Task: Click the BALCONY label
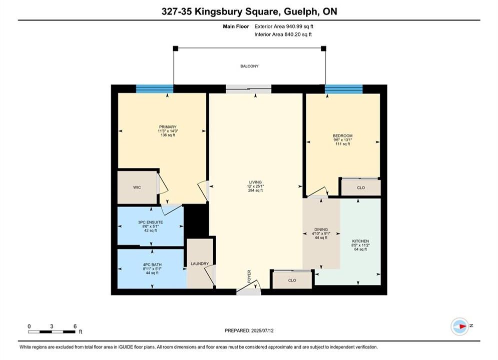[x=249, y=66]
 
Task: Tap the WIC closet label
[x=137, y=187]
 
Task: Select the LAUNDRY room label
[x=200, y=263]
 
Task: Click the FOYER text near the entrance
[x=249, y=276]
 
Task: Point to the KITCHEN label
[x=360, y=241]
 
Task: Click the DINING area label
[x=321, y=229]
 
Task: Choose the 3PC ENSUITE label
[x=151, y=222]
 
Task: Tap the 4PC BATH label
[x=152, y=264]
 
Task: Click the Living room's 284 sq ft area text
[x=255, y=190]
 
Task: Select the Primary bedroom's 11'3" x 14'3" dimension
[x=168, y=131]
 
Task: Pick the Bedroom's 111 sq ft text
[x=343, y=144]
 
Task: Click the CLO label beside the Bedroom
[x=361, y=188]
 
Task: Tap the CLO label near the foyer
[x=292, y=280]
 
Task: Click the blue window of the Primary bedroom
[x=155, y=89]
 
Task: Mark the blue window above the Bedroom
[x=344, y=89]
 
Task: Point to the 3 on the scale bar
[x=52, y=326]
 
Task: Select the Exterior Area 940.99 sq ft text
[x=284, y=26]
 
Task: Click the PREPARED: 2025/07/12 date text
[x=249, y=330]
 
